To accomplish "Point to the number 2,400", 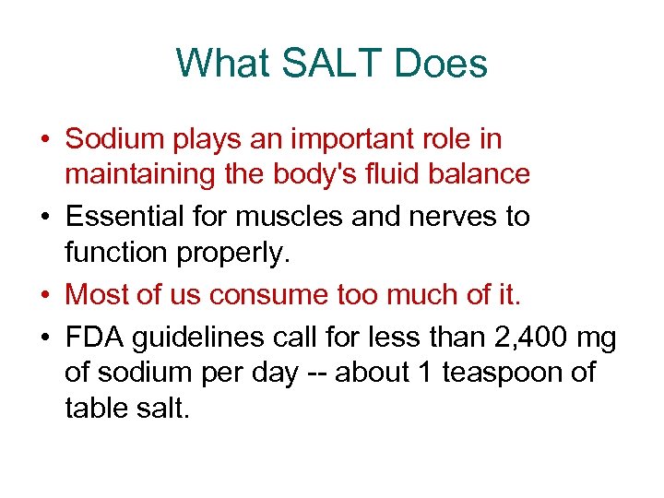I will click(520, 338).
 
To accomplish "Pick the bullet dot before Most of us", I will click(43, 295).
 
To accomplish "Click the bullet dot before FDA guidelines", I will click(43, 338).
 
